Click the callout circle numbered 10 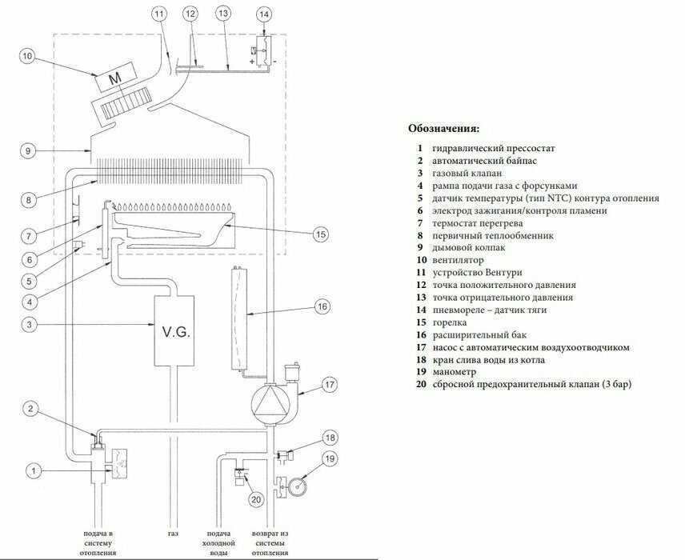point(27,56)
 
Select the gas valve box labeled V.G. point(174,331)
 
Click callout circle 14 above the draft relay point(265,14)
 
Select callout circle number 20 point(256,500)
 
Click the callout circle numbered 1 point(34,471)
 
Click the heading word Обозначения point(444,128)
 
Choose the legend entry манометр point(454,372)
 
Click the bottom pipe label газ point(174,533)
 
